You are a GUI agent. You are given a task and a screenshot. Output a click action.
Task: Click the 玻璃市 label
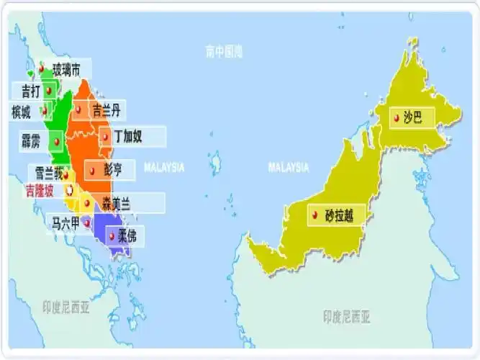pos(71,68)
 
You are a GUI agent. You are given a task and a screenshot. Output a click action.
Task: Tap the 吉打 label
pos(31,91)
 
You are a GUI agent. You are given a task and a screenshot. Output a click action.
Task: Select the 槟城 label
pos(22,112)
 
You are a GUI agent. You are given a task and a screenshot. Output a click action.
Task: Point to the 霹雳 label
pos(30,140)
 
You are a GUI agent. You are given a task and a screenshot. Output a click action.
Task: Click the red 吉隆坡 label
pos(39,192)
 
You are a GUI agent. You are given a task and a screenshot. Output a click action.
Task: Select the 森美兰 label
pos(115,203)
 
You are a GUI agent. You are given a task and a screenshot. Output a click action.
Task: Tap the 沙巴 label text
pos(413,116)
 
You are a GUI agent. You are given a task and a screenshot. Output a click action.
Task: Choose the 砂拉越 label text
pos(340,215)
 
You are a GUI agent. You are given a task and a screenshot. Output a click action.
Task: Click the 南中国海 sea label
pos(224,52)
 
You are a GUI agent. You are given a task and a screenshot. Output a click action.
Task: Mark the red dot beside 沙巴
pos(396,117)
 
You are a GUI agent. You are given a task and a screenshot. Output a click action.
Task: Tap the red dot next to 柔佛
pos(112,235)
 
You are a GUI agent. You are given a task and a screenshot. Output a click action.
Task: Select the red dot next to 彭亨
pos(91,170)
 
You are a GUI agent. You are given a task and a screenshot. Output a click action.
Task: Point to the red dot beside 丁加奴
pos(104,136)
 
